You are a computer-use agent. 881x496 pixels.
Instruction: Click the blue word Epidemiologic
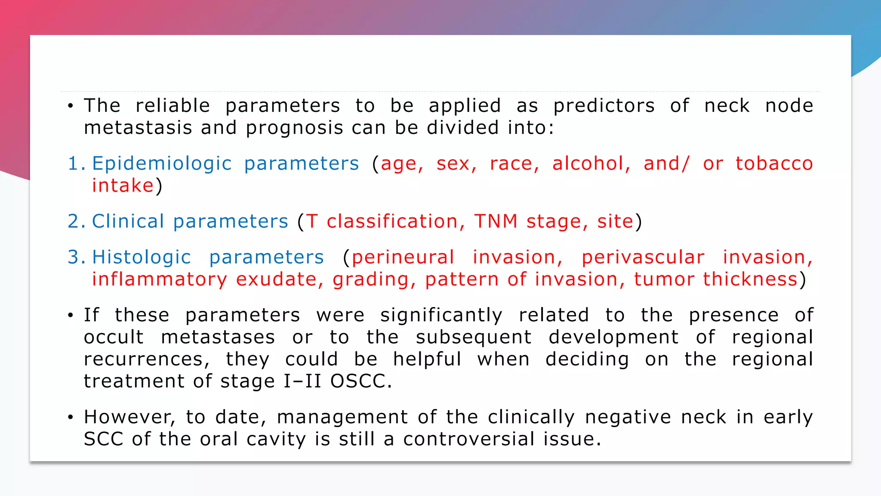(162, 164)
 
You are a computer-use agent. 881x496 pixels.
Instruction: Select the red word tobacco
(774, 164)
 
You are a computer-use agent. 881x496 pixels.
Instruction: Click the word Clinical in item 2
(128, 221)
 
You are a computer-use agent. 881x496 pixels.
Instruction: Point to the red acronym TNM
(496, 221)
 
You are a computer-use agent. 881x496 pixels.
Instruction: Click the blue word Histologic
(141, 257)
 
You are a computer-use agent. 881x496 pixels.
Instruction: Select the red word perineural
(403, 257)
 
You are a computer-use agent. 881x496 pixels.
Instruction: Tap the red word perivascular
(643, 257)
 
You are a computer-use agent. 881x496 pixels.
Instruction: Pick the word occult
(114, 337)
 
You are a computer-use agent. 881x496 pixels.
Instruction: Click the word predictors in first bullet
(604, 106)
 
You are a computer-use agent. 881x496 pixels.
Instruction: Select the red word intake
(123, 186)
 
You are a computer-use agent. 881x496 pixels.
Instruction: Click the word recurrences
(146, 359)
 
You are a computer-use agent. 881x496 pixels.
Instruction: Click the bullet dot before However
(71, 417)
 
